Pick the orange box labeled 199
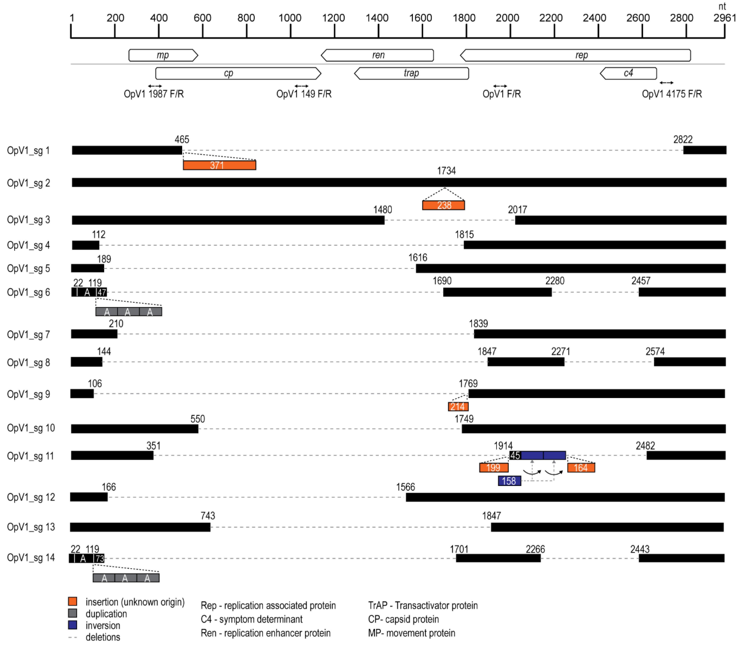click(x=494, y=468)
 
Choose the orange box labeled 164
click(x=581, y=468)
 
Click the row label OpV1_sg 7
click(x=29, y=335)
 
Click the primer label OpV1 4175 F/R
click(x=671, y=94)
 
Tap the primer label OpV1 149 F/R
click(x=304, y=94)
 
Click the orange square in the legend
click(x=73, y=601)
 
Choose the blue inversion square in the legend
click(x=73, y=625)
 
